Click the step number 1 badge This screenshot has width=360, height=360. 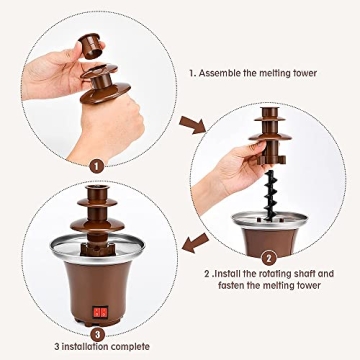[95, 167]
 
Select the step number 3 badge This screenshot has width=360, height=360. [97, 335]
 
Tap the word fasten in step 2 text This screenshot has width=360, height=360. [238, 286]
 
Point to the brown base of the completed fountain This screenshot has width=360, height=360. [97, 290]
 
